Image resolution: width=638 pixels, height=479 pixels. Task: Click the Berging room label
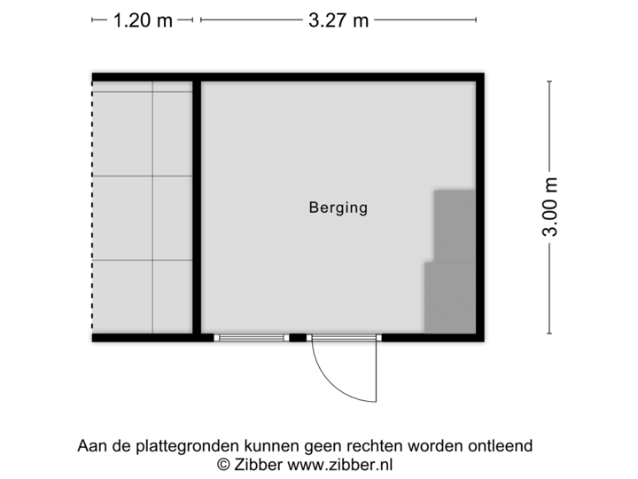338,208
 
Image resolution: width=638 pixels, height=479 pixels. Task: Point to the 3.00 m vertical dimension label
549,207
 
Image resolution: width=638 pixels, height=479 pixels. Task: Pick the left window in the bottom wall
253,337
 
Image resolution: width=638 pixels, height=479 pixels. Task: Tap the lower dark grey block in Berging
449,296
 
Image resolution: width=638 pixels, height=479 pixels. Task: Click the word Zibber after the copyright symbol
257,464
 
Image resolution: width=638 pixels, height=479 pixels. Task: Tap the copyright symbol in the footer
224,464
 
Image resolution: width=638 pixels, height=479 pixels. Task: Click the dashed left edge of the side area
90,208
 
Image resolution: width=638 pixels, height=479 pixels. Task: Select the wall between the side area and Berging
197,208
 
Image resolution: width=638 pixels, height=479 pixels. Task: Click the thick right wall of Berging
481,208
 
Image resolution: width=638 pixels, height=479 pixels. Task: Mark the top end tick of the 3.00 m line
549,81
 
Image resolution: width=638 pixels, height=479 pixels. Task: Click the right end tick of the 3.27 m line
476,20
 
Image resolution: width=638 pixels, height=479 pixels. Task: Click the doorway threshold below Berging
345,338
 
